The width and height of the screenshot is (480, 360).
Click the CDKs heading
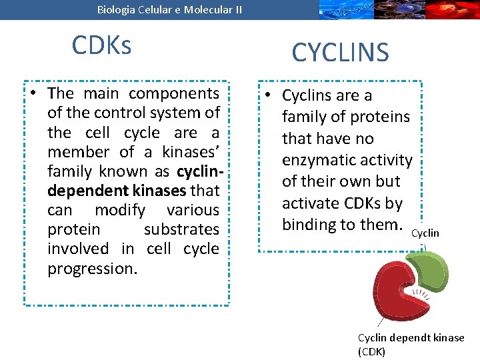[x=101, y=45]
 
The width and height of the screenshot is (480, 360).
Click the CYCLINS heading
[x=340, y=52]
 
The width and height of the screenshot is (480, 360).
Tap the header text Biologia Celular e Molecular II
[x=169, y=9]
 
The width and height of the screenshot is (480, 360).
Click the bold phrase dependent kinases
[x=117, y=191]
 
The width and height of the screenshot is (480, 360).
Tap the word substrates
[x=181, y=229]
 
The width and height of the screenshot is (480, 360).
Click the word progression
[x=92, y=269]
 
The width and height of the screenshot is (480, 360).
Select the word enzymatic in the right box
[x=316, y=160]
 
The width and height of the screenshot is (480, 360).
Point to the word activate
[x=311, y=203]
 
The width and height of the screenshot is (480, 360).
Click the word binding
[x=310, y=225]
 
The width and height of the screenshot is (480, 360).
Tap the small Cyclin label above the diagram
[x=425, y=233]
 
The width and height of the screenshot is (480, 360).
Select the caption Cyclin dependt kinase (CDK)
[x=411, y=344]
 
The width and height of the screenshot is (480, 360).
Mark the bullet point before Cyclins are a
[x=267, y=95]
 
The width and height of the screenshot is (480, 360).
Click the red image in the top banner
[x=453, y=9]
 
